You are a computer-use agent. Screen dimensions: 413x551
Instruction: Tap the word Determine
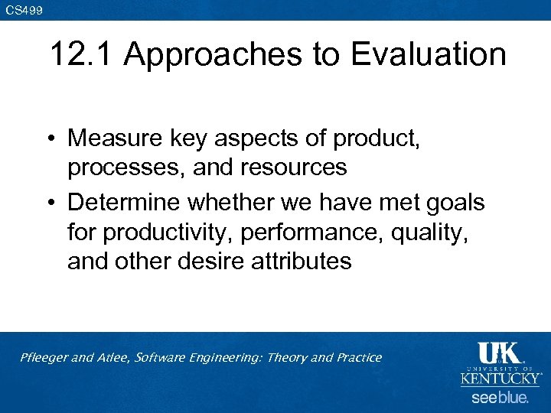[124, 203]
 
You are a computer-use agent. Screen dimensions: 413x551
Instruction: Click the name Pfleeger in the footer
[44, 358]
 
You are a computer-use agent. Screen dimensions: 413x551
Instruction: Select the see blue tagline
[500, 398]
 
